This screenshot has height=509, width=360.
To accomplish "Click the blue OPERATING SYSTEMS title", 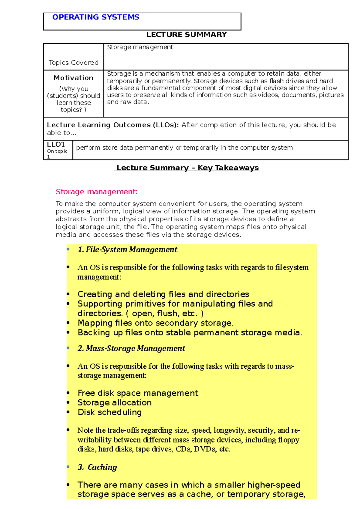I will point(96,17).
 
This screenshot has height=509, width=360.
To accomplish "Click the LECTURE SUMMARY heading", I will point(186,34).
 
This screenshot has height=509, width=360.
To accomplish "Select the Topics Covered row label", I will point(73,63).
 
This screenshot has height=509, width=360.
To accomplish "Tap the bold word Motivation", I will point(73,78).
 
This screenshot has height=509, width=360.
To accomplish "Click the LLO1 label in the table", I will point(56,144).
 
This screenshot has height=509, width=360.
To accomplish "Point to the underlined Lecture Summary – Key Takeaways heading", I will point(187,168).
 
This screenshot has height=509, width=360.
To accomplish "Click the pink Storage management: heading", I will point(96,192).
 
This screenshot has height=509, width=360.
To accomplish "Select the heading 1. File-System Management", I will point(127,249).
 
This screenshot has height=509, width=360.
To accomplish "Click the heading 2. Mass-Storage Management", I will point(131,348).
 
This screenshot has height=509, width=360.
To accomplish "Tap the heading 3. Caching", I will point(97,467).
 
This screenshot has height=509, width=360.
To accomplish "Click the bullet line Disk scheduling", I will point(109,412).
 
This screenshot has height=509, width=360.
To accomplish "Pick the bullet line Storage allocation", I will point(114,403).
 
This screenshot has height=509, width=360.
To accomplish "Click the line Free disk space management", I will point(138,393).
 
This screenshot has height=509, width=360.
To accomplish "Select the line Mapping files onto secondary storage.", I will point(155,323).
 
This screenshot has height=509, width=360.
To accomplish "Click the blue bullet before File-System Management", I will point(68,249).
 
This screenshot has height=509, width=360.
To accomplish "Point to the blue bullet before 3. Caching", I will point(68,467).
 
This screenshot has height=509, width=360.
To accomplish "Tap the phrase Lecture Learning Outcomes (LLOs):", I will point(113,125).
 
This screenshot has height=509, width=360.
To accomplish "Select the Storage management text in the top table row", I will point(140,47).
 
